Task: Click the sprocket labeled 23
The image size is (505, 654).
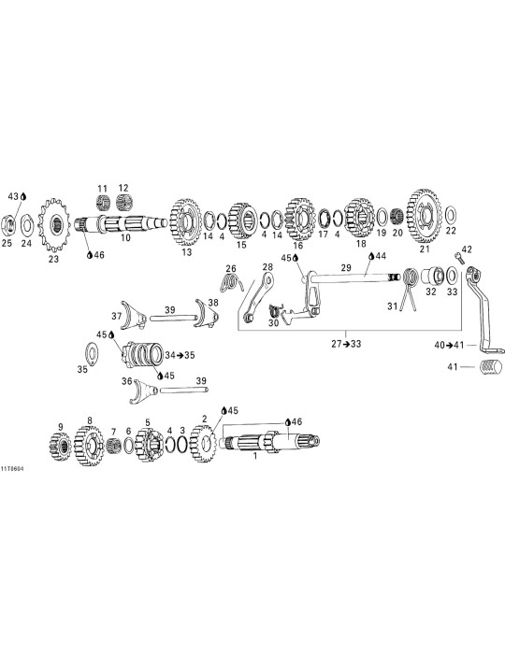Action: [54, 225]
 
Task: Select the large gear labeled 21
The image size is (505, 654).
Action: [424, 216]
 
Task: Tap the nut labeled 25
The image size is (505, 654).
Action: [9, 225]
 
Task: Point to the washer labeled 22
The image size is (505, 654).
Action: [451, 215]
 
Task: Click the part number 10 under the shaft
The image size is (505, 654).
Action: [125, 237]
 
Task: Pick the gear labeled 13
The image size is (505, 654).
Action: [186, 222]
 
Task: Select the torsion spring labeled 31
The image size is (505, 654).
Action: [409, 289]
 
